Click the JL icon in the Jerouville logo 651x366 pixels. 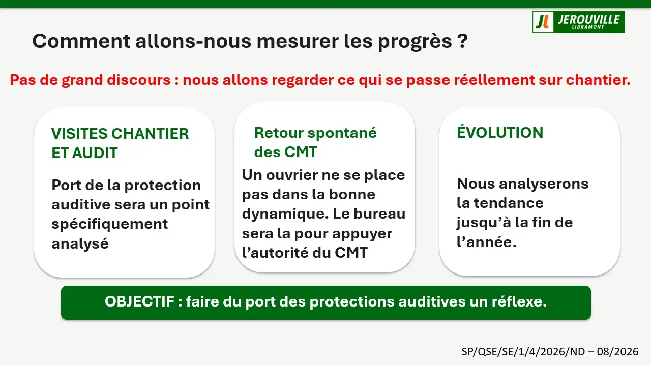coord(543,22)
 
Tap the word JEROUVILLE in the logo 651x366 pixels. coord(588,19)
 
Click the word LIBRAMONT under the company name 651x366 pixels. coord(588,27)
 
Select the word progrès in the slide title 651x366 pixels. coord(415,42)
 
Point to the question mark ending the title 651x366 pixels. coord(462,41)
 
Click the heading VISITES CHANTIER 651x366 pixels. coord(120,134)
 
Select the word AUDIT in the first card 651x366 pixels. coord(95,153)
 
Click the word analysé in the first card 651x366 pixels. coord(80,243)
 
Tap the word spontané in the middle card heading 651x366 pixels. coord(342,133)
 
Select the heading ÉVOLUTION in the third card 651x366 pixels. coord(500,132)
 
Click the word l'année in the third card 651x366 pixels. coord(487,241)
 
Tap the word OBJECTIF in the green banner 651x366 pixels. coord(139,301)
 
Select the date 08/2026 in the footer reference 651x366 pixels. coord(617,352)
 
